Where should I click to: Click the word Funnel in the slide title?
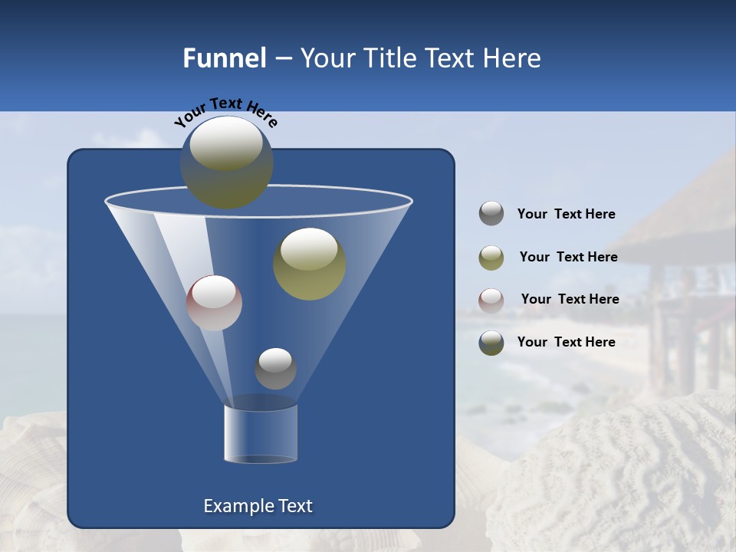tap(224, 58)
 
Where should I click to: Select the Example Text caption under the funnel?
tap(258, 506)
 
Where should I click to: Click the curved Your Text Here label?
tap(225, 110)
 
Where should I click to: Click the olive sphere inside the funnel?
tap(309, 264)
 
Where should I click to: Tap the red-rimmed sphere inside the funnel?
tap(214, 302)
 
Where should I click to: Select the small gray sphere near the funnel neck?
tap(275, 368)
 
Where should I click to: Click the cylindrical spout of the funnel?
tap(261, 433)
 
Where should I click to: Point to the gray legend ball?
tap(491, 213)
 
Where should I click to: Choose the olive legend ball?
tap(491, 257)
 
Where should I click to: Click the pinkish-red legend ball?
tap(491, 300)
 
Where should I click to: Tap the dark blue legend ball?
tap(491, 343)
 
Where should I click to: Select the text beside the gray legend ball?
tap(566, 215)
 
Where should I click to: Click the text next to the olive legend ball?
tap(568, 258)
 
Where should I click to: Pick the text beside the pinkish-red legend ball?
tap(570, 300)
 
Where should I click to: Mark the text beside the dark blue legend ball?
tap(566, 342)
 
